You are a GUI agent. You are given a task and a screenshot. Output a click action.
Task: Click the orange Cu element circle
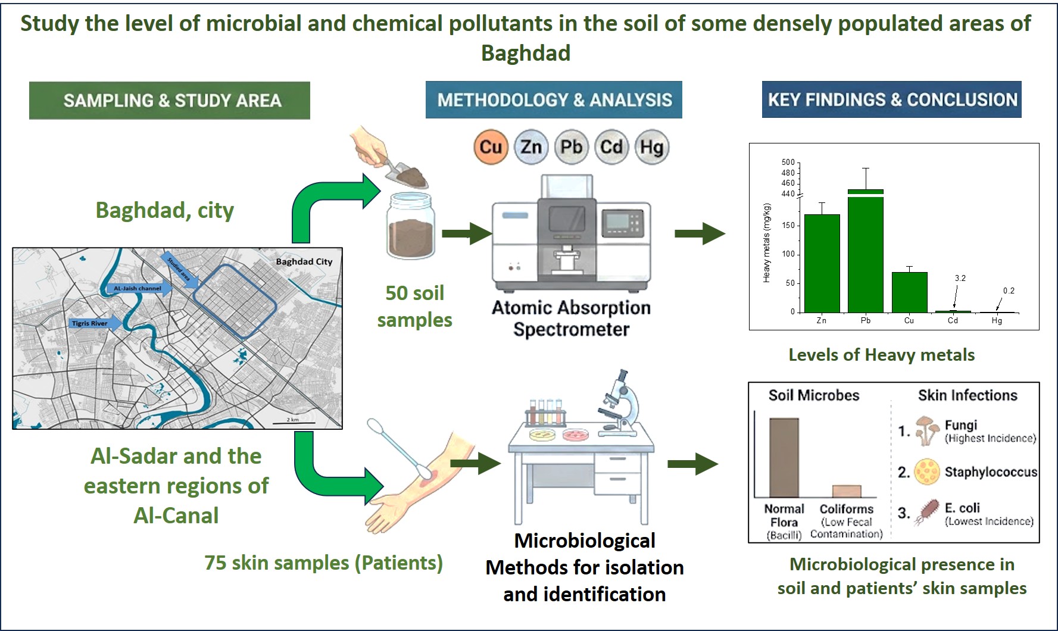(x=491, y=147)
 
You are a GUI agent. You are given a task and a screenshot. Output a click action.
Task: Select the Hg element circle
(x=652, y=147)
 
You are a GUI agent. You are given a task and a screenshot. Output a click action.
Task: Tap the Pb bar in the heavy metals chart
(x=865, y=253)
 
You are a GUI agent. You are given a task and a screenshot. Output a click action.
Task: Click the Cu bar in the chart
(x=909, y=292)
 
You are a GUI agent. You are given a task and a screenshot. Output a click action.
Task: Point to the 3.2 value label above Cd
(x=960, y=278)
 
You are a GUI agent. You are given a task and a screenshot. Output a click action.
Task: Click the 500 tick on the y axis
(x=788, y=162)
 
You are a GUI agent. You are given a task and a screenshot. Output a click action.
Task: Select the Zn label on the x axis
(x=822, y=320)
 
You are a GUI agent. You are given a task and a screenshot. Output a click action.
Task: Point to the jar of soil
(x=411, y=226)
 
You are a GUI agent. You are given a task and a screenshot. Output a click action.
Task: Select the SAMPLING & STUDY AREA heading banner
(x=170, y=100)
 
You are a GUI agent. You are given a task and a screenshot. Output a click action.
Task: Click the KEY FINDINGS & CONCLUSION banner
(x=892, y=99)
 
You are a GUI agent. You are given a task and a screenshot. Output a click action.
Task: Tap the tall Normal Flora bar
(x=784, y=457)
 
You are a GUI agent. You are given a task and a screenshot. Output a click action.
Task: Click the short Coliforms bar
(x=846, y=491)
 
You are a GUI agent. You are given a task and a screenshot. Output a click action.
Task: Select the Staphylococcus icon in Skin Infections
(x=926, y=471)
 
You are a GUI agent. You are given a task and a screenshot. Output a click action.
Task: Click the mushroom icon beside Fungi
(x=926, y=430)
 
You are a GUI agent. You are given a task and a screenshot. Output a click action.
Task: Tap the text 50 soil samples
(x=414, y=306)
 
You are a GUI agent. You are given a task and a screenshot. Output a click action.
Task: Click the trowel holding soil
(x=405, y=173)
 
